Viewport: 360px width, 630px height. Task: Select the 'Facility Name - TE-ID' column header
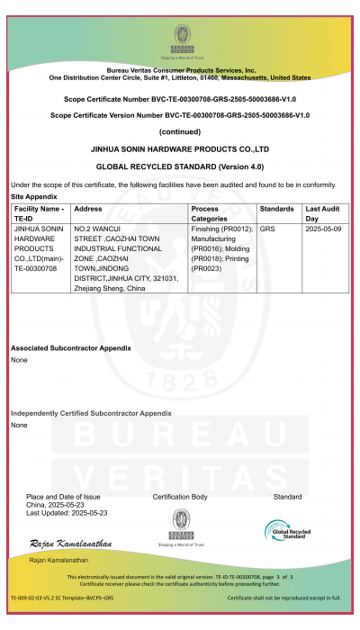point(40,213)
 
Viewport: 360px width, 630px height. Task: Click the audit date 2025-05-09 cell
point(324,229)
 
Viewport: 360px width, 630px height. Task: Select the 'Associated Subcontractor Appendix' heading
point(71,348)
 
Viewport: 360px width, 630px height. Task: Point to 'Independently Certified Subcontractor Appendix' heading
point(91,413)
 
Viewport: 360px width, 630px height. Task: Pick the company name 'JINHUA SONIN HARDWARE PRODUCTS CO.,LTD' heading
point(180,148)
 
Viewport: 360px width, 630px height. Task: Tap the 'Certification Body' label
point(180,497)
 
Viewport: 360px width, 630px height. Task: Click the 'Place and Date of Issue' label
point(63,497)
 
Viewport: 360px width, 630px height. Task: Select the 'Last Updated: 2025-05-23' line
point(67,513)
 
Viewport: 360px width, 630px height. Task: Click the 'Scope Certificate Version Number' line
point(180,115)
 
